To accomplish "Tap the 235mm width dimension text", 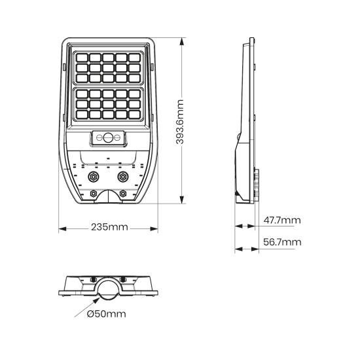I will point(109,228).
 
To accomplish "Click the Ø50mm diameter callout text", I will point(106,314).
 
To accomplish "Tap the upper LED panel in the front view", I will point(108,68).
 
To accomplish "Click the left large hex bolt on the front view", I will point(92,176).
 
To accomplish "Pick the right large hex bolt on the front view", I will point(122,176).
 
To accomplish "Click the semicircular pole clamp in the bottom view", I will point(108,288).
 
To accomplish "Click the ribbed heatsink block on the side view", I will point(256,184).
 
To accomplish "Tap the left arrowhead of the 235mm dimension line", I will point(62,228).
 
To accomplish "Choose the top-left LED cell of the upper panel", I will point(83,57).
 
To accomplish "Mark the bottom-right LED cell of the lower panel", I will point(134,115).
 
